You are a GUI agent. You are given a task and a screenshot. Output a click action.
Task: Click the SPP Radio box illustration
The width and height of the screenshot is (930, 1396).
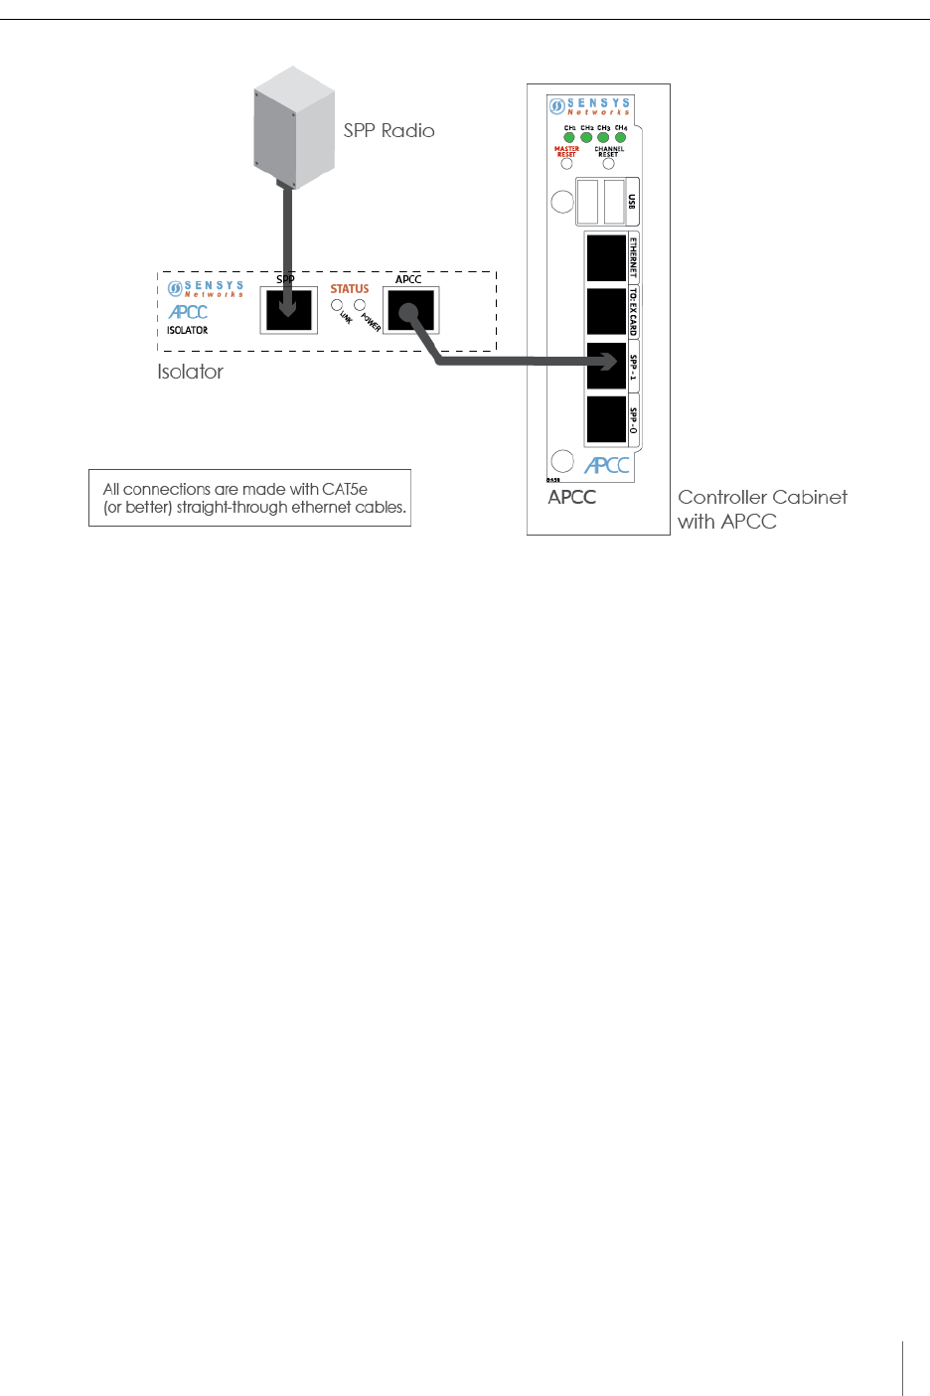point(293,128)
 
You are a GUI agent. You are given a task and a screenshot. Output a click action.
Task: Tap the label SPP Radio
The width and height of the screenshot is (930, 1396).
point(388,130)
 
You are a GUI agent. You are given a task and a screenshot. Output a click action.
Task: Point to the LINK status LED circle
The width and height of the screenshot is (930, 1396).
point(338,305)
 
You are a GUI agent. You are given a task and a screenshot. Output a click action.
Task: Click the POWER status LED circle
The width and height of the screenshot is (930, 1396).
point(360,305)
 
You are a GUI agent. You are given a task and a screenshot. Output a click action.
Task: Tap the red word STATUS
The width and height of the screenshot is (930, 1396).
point(350,289)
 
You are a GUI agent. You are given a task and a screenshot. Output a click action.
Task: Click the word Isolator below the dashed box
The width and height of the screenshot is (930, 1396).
point(190,372)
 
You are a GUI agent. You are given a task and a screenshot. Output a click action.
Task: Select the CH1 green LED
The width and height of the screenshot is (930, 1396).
point(569,137)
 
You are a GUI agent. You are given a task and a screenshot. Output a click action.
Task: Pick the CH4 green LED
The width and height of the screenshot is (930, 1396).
point(620,137)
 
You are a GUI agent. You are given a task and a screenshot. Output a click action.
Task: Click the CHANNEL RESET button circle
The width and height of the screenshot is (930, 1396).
point(608,164)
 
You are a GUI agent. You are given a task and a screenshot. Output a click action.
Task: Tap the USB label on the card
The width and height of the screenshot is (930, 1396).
point(632,202)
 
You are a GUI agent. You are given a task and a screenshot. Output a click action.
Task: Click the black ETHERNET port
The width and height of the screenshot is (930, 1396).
point(606,258)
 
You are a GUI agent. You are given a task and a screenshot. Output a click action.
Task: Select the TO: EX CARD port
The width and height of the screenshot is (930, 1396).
point(606,312)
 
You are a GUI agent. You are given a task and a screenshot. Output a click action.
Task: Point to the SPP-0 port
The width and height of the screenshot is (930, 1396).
point(606,419)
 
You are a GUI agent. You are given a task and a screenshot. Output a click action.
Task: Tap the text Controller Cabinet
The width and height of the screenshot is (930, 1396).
point(762,497)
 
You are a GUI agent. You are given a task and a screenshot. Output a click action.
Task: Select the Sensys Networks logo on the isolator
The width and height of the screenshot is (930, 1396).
point(206,289)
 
